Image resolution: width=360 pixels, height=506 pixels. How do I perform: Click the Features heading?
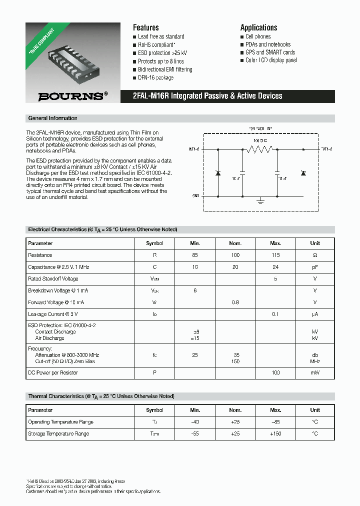pos(145,27)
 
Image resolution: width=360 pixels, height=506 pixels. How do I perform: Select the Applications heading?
pos(258,27)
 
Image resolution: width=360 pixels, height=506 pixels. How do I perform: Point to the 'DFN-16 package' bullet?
pos(155,77)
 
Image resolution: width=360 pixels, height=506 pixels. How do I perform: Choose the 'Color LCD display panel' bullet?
pos(271,60)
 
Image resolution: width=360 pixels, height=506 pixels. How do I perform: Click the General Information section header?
pos(52,118)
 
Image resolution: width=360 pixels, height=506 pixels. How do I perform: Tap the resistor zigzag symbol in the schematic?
pos(256,149)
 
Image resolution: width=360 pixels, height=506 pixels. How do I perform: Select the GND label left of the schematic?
pos(195,196)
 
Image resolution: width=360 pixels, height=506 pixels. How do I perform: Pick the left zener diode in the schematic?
pos(218,173)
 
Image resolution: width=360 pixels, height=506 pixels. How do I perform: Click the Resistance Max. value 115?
pos(275,255)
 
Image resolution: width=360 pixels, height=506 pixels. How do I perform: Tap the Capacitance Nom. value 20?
pos(235,267)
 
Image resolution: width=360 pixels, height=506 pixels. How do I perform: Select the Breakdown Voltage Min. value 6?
pos(195,290)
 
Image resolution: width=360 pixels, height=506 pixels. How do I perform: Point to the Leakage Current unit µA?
pos(314,314)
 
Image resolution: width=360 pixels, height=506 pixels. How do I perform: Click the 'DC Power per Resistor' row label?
pos(53,372)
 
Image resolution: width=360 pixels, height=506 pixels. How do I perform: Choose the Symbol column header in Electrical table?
pos(154,243)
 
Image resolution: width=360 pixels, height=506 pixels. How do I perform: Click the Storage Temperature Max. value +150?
pos(275,433)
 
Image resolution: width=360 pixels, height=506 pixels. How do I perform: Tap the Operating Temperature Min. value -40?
pos(195,422)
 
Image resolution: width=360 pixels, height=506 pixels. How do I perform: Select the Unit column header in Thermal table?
pos(314,410)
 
